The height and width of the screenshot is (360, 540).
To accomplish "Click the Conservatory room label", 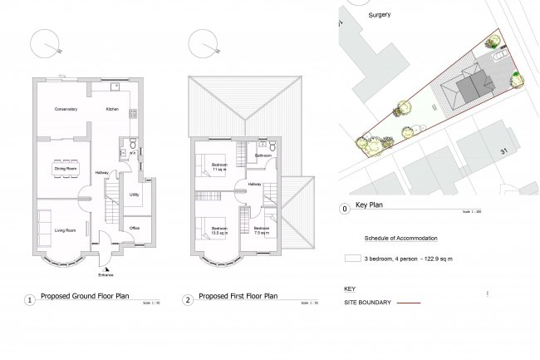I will click(x=66, y=109).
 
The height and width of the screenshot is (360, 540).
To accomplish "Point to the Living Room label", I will click(x=66, y=229).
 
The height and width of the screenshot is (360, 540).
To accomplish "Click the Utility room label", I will click(x=134, y=195).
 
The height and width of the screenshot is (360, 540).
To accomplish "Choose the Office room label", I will click(x=134, y=227).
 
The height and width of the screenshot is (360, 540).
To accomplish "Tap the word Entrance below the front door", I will click(x=104, y=274).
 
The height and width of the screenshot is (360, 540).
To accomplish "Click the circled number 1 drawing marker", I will click(x=30, y=299).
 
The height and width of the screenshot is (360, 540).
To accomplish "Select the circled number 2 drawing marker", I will click(x=189, y=299).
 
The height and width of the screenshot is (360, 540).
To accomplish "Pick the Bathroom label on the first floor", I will click(x=264, y=155).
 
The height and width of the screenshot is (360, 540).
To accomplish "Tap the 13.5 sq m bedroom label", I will click(x=219, y=230).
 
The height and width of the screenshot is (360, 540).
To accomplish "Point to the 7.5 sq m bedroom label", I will click(x=262, y=230).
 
